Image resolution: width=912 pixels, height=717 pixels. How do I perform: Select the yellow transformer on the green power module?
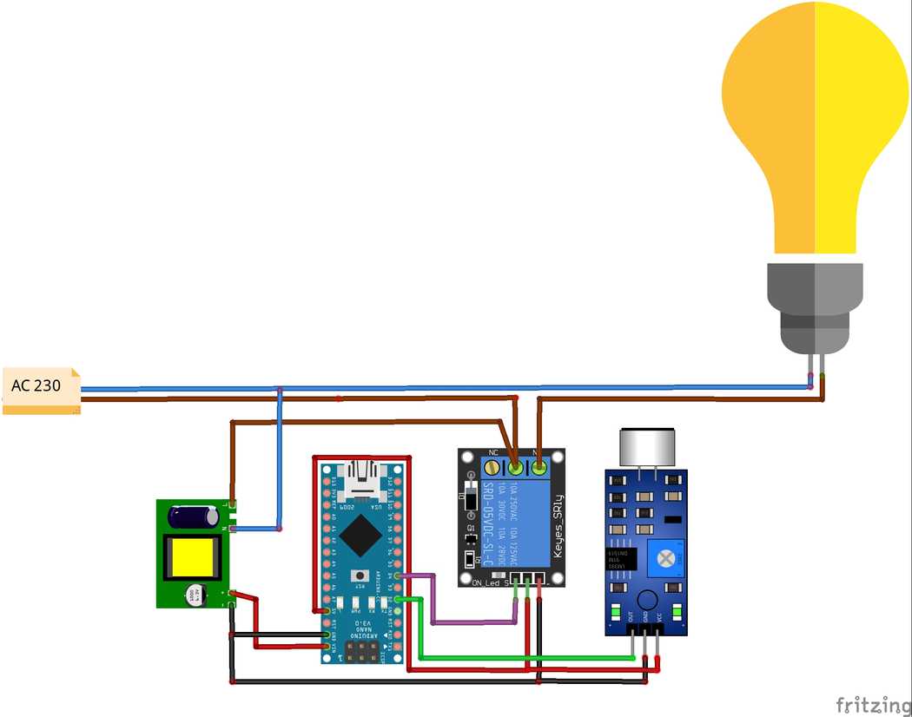(x=192, y=557)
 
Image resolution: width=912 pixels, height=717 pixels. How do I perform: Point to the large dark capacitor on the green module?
(x=194, y=516)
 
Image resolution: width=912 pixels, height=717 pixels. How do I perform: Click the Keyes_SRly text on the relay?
(x=558, y=526)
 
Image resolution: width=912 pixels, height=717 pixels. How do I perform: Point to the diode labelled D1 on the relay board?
(x=470, y=501)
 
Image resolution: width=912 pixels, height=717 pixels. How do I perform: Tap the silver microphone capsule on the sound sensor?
(x=645, y=448)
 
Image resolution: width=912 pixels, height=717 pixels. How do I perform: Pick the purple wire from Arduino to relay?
(x=473, y=622)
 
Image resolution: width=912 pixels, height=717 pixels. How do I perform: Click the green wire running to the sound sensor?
(x=521, y=658)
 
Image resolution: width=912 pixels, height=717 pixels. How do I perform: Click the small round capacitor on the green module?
(x=195, y=595)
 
